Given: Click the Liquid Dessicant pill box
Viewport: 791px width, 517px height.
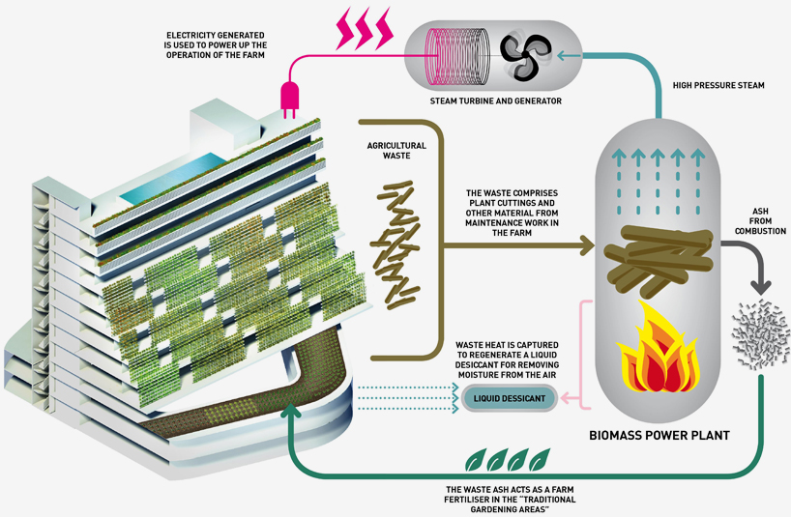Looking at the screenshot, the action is (509, 398).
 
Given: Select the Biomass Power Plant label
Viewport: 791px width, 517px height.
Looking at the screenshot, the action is (659, 436).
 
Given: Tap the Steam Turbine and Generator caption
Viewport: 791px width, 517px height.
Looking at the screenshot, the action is (495, 101).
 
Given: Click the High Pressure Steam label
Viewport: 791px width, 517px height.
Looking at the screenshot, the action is (718, 85).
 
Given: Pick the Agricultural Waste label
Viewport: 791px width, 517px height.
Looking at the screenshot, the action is (396, 150).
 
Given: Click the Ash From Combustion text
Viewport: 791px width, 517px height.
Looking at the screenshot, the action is (760, 220).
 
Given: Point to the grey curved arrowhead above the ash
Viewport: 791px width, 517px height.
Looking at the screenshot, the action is (761, 287).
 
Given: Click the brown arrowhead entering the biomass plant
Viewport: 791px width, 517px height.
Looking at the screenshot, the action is (586, 245).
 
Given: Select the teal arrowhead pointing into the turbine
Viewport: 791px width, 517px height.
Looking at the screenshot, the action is (563, 55).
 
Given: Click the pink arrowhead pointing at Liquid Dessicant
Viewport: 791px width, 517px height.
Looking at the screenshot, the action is (567, 398).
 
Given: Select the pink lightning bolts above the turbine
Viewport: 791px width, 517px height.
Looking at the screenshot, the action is (365, 28).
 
